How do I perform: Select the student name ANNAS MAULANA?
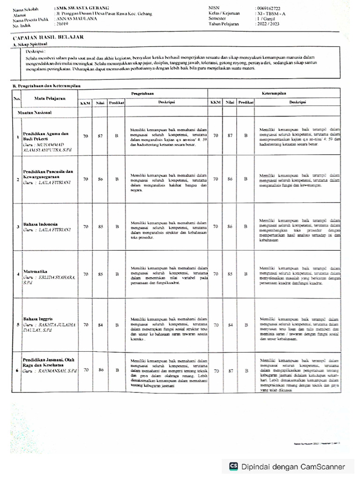[77, 19]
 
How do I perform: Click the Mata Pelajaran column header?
[49, 98]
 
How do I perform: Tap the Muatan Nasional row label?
[34, 113]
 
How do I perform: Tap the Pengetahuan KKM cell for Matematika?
[85, 275]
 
